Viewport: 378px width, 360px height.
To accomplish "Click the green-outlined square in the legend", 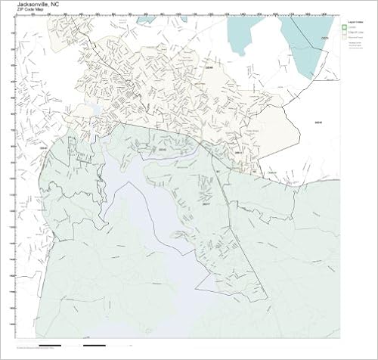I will tap(345, 26).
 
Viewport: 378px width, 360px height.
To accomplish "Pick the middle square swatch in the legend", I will tap(345, 33).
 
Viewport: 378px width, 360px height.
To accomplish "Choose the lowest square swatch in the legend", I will tap(345, 38).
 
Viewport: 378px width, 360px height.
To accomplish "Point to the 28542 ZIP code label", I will tap(160, 149).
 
